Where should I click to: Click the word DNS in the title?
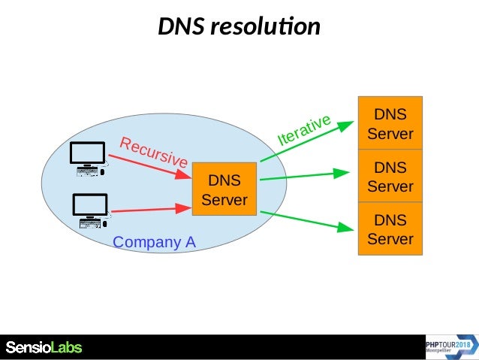181,27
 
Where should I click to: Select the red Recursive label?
153,152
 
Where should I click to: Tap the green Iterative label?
304,130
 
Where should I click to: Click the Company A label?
154,242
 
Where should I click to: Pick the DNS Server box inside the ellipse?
224,189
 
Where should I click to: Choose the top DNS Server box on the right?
390,123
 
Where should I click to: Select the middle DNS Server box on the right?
390,176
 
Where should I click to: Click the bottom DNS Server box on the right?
390,229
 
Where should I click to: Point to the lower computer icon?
91,211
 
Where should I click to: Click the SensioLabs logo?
44,347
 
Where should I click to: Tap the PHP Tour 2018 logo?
449,346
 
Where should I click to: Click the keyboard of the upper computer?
87,171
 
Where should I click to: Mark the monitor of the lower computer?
90,204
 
